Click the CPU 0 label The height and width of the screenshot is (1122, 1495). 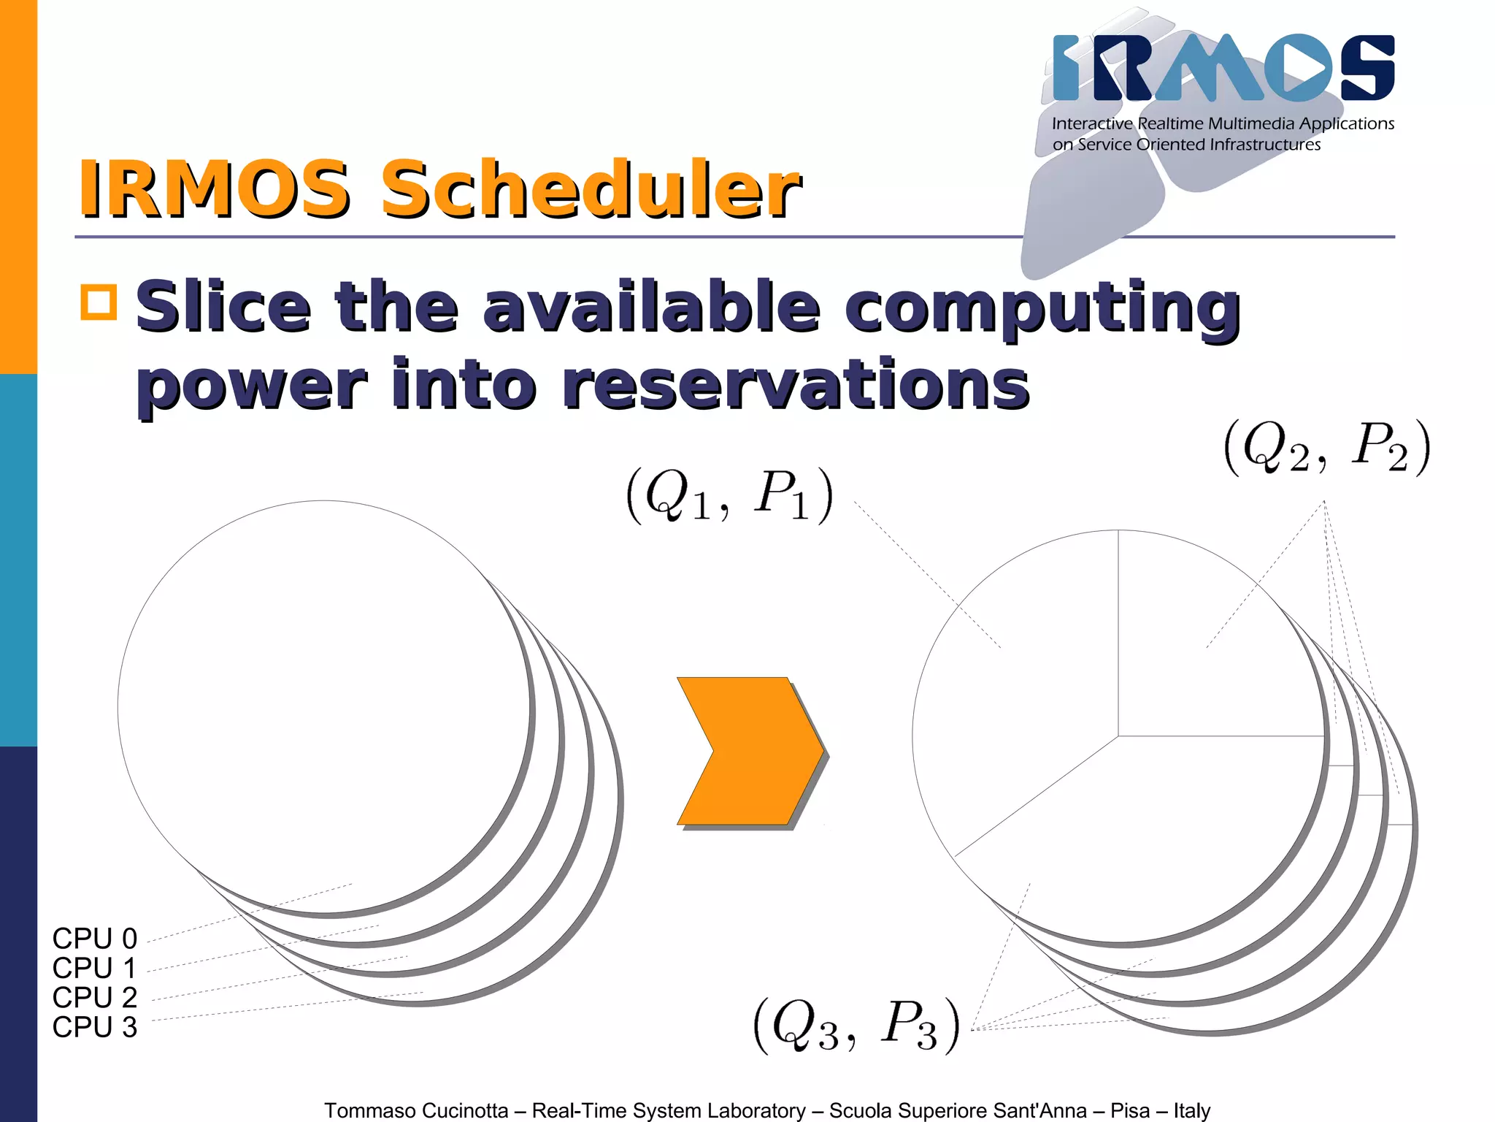pyautogui.click(x=94, y=938)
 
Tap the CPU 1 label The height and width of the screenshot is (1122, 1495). pyautogui.click(x=94, y=968)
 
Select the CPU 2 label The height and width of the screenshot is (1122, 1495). pyautogui.click(x=94, y=997)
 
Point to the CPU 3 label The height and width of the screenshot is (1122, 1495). pyautogui.click(x=94, y=1027)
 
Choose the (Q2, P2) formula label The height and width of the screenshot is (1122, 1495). pyautogui.click(x=1326, y=447)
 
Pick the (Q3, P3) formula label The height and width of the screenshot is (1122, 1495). pyautogui.click(x=856, y=1026)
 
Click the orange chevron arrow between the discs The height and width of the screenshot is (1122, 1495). pyautogui.click(x=750, y=751)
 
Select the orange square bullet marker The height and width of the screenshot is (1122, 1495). pyautogui.click(x=99, y=302)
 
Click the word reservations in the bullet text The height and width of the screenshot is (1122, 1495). pyautogui.click(x=795, y=385)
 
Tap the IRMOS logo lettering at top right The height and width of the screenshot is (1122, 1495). pyautogui.click(x=1223, y=68)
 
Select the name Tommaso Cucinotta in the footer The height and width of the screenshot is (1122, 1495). pyautogui.click(x=416, y=1110)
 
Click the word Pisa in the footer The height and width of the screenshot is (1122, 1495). pyautogui.click(x=1130, y=1110)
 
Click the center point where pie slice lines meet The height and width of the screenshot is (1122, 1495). pyautogui.click(x=1118, y=736)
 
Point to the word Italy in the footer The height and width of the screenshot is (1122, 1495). pyautogui.click(x=1191, y=1110)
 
